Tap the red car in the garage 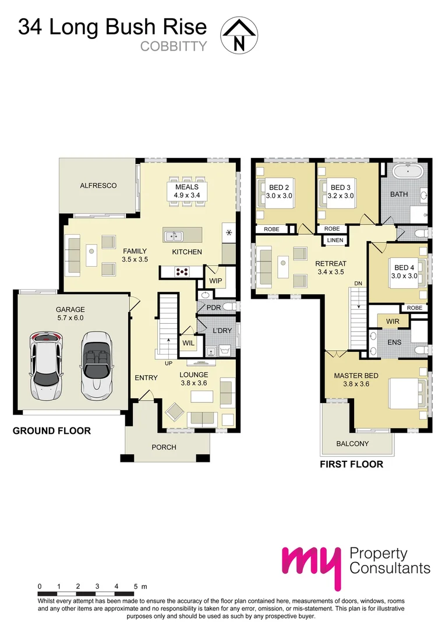tap(47, 366)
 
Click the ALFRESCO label tap(98, 186)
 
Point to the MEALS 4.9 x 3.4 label tap(187, 191)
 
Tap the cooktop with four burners tap(181, 271)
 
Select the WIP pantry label tap(215, 281)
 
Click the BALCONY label tap(352, 444)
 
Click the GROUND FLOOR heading tap(52, 431)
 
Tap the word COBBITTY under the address tap(174, 46)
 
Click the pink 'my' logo tap(310, 564)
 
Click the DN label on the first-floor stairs tap(358, 284)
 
